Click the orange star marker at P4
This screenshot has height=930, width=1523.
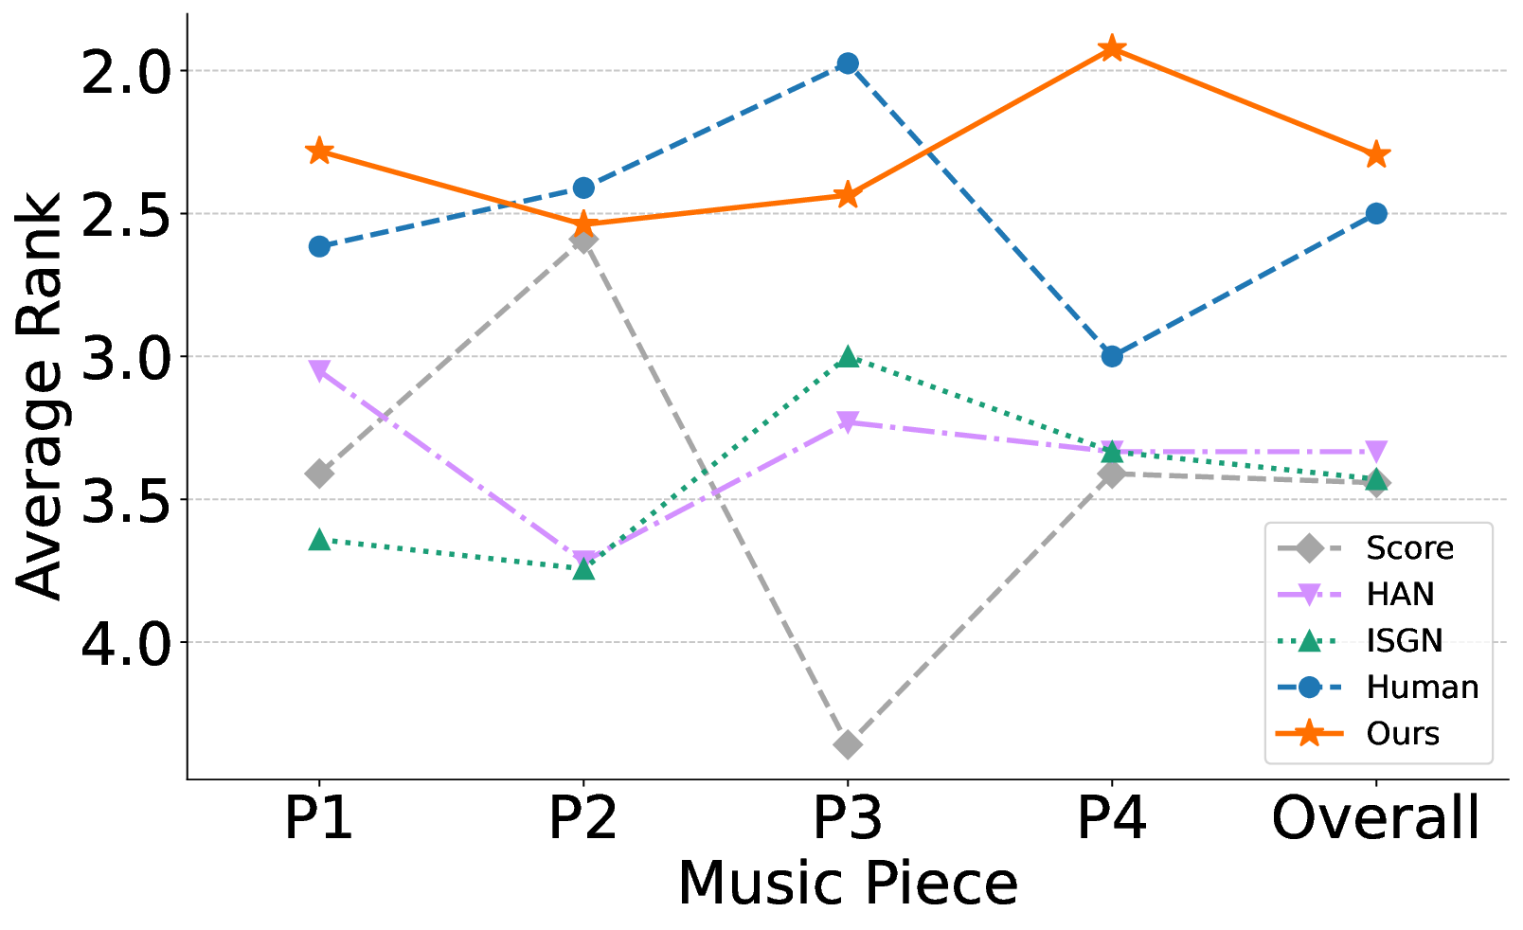click(1112, 48)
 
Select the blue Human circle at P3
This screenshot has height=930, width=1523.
click(848, 63)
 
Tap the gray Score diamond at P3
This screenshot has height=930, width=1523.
click(848, 744)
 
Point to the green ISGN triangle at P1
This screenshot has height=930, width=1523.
click(319, 540)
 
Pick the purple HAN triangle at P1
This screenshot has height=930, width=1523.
click(319, 370)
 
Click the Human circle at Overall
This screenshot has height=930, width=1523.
click(1376, 213)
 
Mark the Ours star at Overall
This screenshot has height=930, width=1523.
click(1376, 154)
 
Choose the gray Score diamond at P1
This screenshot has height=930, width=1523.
click(319, 473)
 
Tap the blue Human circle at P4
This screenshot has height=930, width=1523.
click(1112, 356)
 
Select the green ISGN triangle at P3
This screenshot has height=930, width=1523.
click(848, 357)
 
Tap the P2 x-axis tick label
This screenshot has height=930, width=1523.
click(582, 819)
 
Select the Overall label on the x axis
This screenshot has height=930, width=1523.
click(1375, 819)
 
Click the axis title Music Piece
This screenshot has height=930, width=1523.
click(847, 884)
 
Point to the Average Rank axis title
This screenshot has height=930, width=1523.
click(40, 396)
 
